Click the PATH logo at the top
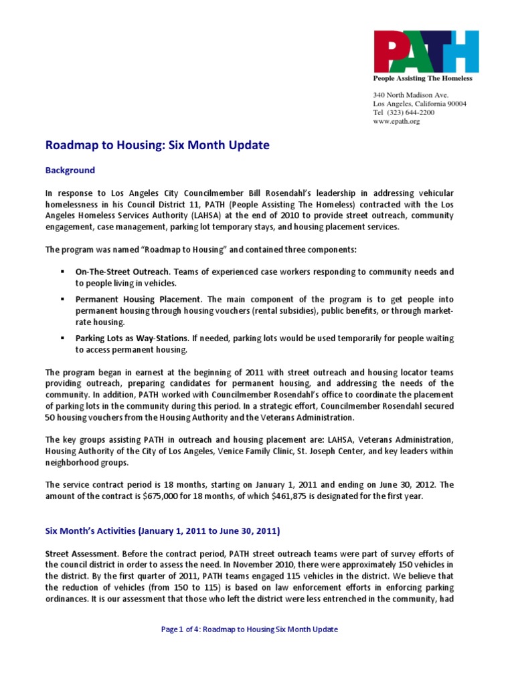(x=425, y=52)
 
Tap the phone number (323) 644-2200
(x=411, y=112)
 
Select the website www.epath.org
(x=396, y=122)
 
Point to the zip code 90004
(x=456, y=104)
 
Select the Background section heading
(x=70, y=170)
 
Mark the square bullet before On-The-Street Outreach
(x=62, y=272)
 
